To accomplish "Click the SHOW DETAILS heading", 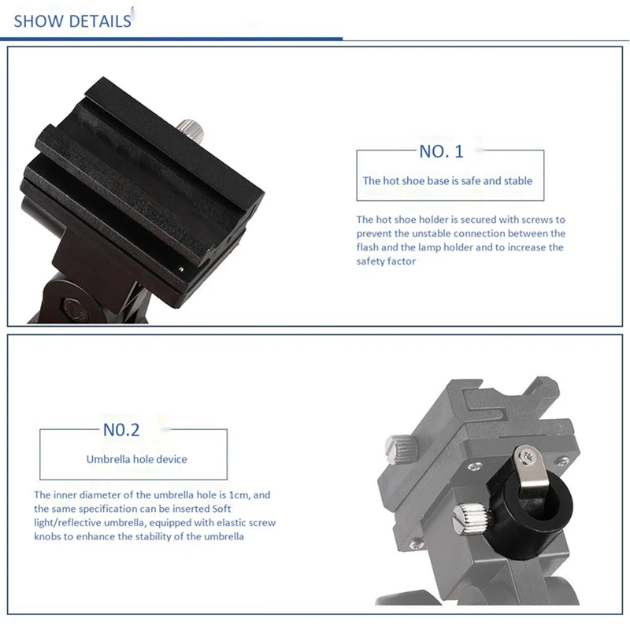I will (72, 21).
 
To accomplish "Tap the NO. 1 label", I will (442, 151).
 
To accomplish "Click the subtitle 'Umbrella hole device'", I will (137, 458).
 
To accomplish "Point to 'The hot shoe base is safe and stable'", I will (447, 180).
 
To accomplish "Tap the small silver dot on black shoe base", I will (181, 267).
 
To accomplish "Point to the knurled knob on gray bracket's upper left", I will (398, 450).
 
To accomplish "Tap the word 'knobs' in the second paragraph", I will (49, 536).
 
